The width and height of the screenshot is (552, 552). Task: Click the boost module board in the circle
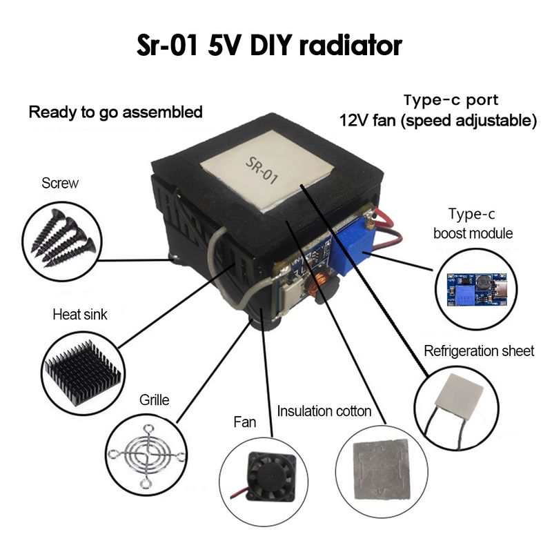(x=475, y=288)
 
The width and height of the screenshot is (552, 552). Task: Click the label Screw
(x=60, y=184)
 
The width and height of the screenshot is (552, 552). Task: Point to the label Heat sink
(x=80, y=315)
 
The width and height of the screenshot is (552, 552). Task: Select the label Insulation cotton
(x=324, y=411)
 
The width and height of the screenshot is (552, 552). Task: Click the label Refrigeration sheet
(x=479, y=351)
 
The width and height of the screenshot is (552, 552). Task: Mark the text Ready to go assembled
(x=115, y=112)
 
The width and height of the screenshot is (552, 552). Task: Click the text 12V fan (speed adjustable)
(x=438, y=121)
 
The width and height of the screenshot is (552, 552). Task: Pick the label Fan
(x=245, y=422)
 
